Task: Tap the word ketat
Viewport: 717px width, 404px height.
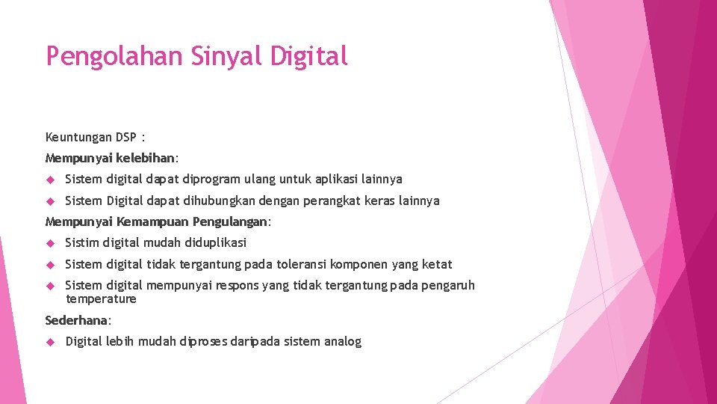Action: pyautogui.click(x=437, y=264)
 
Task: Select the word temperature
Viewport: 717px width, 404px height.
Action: pyautogui.click(x=101, y=299)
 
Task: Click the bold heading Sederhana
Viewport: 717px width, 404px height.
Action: pyautogui.click(x=77, y=320)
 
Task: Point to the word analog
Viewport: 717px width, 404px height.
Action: pyautogui.click(x=343, y=342)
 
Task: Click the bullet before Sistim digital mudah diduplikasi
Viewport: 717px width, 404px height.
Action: pyautogui.click(x=51, y=243)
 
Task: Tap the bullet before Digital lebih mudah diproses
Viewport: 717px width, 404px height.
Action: pyautogui.click(x=51, y=342)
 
